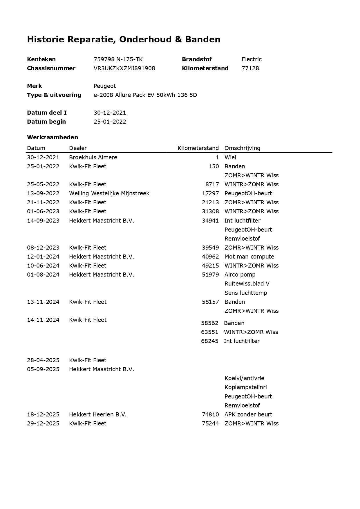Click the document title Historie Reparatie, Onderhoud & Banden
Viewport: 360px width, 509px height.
[x=124, y=39]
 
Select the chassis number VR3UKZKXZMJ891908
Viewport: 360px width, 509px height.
[x=124, y=68]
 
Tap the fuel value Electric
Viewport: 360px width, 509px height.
[x=252, y=59]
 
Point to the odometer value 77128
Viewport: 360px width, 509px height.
[x=250, y=68]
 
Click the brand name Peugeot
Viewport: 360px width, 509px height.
[x=105, y=86]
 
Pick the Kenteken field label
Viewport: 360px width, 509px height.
[x=41, y=59]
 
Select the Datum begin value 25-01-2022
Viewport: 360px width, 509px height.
[x=110, y=122]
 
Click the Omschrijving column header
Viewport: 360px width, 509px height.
[x=242, y=148]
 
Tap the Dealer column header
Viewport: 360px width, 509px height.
[x=78, y=148]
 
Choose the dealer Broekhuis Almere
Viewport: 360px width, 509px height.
[x=93, y=157]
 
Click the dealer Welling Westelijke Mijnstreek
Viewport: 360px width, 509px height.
[x=109, y=193]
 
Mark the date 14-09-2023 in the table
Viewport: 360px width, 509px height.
[x=43, y=221]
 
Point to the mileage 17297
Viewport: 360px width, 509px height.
[x=210, y=193]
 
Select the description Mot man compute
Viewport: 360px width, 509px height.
[x=249, y=257]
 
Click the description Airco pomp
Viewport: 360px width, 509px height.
[x=240, y=275]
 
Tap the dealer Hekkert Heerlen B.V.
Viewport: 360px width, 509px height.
[x=97, y=414]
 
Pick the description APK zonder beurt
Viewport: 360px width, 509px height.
[x=248, y=414]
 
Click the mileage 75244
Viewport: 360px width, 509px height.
[x=210, y=423]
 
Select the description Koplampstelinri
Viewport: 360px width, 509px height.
[x=245, y=387]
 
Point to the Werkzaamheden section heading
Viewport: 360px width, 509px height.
[x=53, y=137]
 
